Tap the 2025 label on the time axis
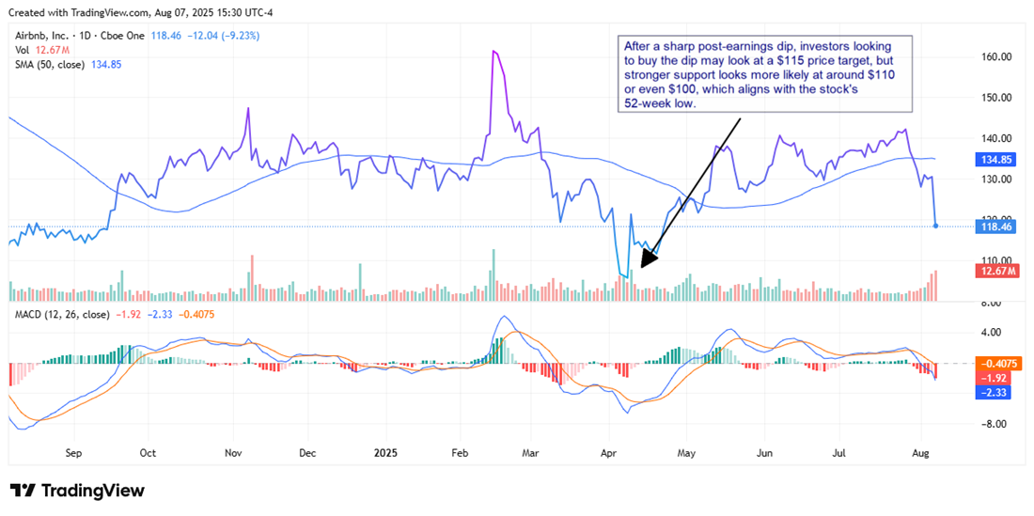click(x=386, y=452)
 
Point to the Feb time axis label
click(x=461, y=452)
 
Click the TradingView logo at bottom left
click(x=78, y=491)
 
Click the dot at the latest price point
click(x=935, y=226)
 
